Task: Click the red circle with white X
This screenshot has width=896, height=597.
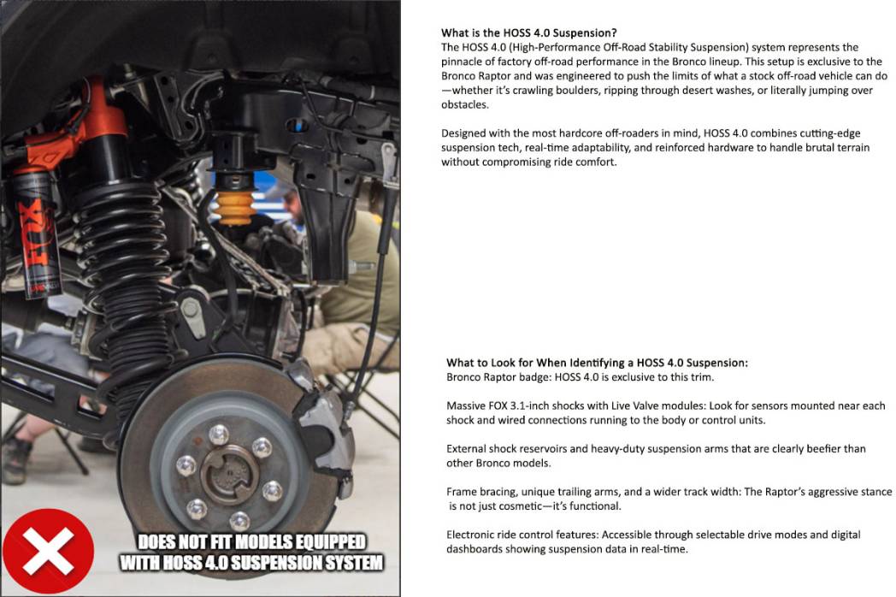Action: [x=48, y=551]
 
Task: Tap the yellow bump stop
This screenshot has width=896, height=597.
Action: [x=234, y=208]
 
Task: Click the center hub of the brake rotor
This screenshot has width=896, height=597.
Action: [x=229, y=474]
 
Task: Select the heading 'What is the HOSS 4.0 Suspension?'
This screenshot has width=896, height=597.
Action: [x=528, y=33]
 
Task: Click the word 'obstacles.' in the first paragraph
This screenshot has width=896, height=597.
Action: [x=465, y=104]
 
